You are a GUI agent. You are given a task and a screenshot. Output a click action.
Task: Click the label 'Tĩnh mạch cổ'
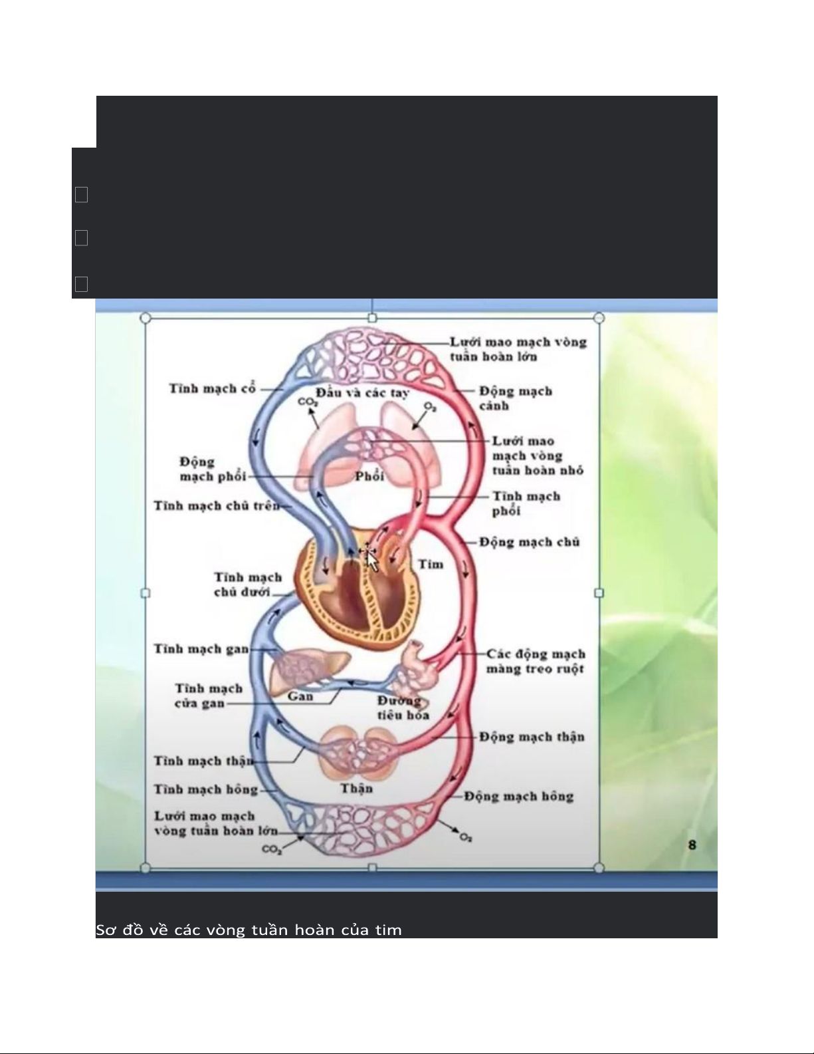pyautogui.click(x=212, y=388)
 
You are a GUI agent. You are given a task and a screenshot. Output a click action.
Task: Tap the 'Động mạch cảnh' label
pyautogui.click(x=515, y=398)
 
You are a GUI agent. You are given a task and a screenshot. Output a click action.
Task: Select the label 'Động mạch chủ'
pyautogui.click(x=529, y=542)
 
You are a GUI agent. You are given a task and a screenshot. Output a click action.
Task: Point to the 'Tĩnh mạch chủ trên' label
pyautogui.click(x=217, y=506)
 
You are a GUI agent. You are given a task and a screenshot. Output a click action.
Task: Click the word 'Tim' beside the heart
pyautogui.click(x=431, y=564)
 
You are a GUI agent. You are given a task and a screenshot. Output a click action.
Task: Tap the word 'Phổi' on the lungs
pyautogui.click(x=369, y=476)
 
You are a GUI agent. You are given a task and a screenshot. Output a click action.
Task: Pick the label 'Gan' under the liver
pyautogui.click(x=300, y=696)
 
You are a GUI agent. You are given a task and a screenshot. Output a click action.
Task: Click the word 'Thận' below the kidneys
pyautogui.click(x=356, y=788)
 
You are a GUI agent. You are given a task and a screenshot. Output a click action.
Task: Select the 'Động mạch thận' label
pyautogui.click(x=532, y=737)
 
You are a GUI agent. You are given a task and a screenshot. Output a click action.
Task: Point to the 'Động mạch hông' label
pyautogui.click(x=518, y=796)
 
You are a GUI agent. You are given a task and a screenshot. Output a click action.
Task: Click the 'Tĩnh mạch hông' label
pyautogui.click(x=205, y=789)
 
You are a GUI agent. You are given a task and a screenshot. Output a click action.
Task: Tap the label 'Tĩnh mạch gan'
pyautogui.click(x=201, y=648)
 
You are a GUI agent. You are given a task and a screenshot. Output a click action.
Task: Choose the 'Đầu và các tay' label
pyautogui.click(x=362, y=392)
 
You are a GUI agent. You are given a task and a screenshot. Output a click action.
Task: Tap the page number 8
pyautogui.click(x=692, y=845)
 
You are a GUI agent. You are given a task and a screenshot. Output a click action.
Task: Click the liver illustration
pyautogui.click(x=309, y=668)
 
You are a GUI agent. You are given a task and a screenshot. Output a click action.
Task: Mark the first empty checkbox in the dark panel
pyautogui.click(x=81, y=195)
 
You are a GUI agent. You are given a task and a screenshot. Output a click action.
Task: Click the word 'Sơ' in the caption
pyautogui.click(x=104, y=930)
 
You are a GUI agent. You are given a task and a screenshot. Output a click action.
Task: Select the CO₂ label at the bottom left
pyautogui.click(x=272, y=849)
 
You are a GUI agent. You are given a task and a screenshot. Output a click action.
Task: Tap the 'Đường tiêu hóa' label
pyautogui.click(x=403, y=708)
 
